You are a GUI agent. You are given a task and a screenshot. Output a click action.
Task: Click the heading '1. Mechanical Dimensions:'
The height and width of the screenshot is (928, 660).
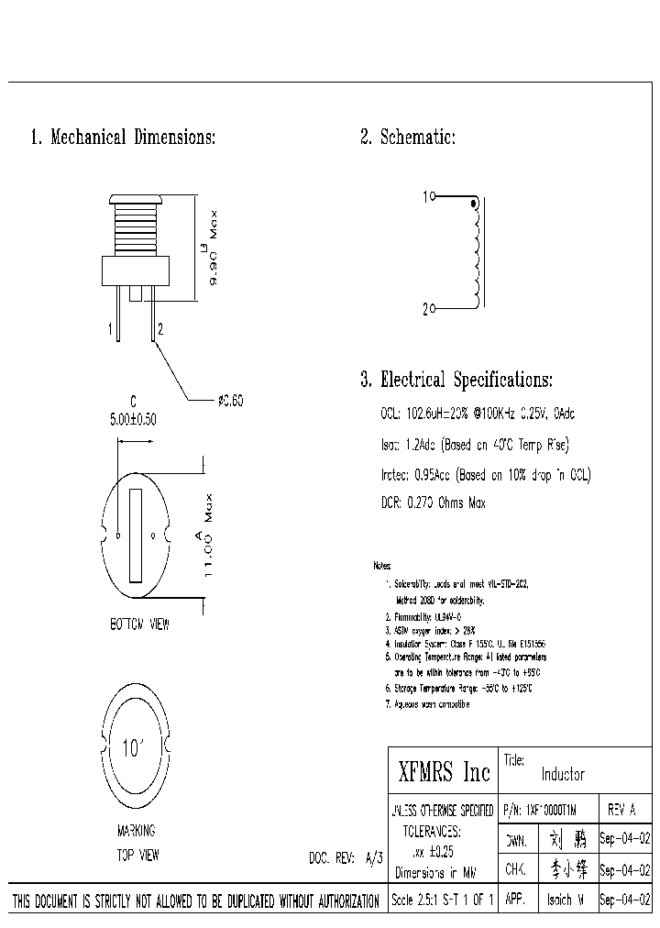[123, 138]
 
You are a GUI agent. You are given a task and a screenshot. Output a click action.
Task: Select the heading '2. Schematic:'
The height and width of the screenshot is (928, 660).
[407, 138]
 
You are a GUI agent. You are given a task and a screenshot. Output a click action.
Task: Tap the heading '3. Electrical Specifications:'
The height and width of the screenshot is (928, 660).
[456, 380]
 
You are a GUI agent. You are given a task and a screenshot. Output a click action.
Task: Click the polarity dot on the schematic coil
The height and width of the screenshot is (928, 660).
[473, 203]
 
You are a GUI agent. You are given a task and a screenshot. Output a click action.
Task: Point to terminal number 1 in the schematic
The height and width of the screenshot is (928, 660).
[425, 196]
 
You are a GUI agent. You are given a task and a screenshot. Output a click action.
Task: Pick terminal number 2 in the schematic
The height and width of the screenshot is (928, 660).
[425, 310]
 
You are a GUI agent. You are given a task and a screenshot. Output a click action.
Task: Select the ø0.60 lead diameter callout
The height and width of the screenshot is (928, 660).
[230, 401]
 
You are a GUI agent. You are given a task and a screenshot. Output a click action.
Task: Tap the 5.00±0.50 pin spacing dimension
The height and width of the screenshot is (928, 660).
[133, 419]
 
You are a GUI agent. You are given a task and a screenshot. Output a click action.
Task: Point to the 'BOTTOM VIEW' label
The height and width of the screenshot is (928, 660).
[139, 624]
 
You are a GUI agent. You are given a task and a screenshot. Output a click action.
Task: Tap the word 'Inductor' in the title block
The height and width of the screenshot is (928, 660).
[563, 774]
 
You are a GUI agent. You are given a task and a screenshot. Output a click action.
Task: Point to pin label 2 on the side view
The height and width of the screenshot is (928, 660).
[161, 328]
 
